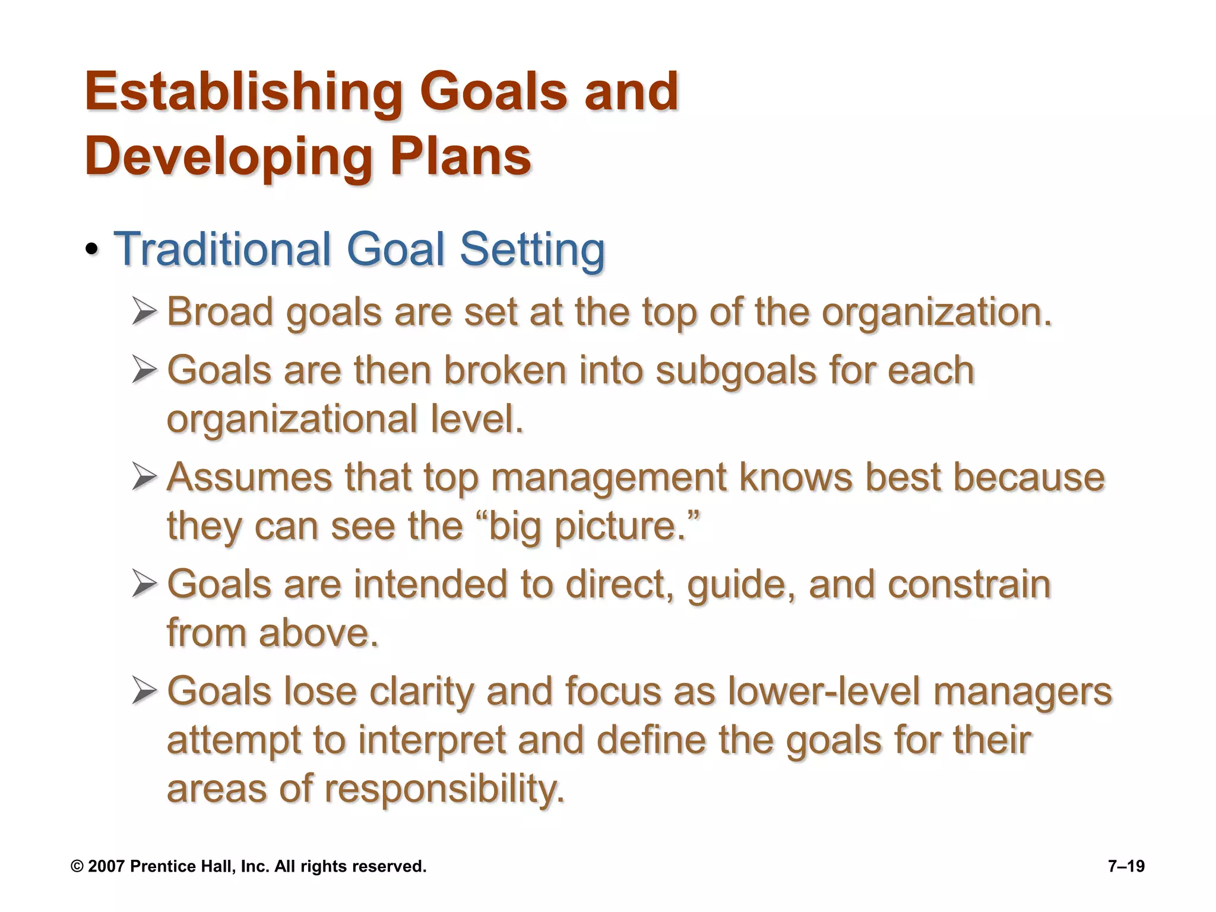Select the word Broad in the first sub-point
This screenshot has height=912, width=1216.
click(x=220, y=312)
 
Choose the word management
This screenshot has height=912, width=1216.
click(x=609, y=479)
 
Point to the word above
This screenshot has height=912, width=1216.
click(x=318, y=633)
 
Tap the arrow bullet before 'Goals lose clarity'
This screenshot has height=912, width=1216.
click(x=144, y=692)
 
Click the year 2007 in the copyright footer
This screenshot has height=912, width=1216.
click(x=106, y=866)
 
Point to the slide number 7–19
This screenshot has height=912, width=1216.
click(x=1126, y=866)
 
